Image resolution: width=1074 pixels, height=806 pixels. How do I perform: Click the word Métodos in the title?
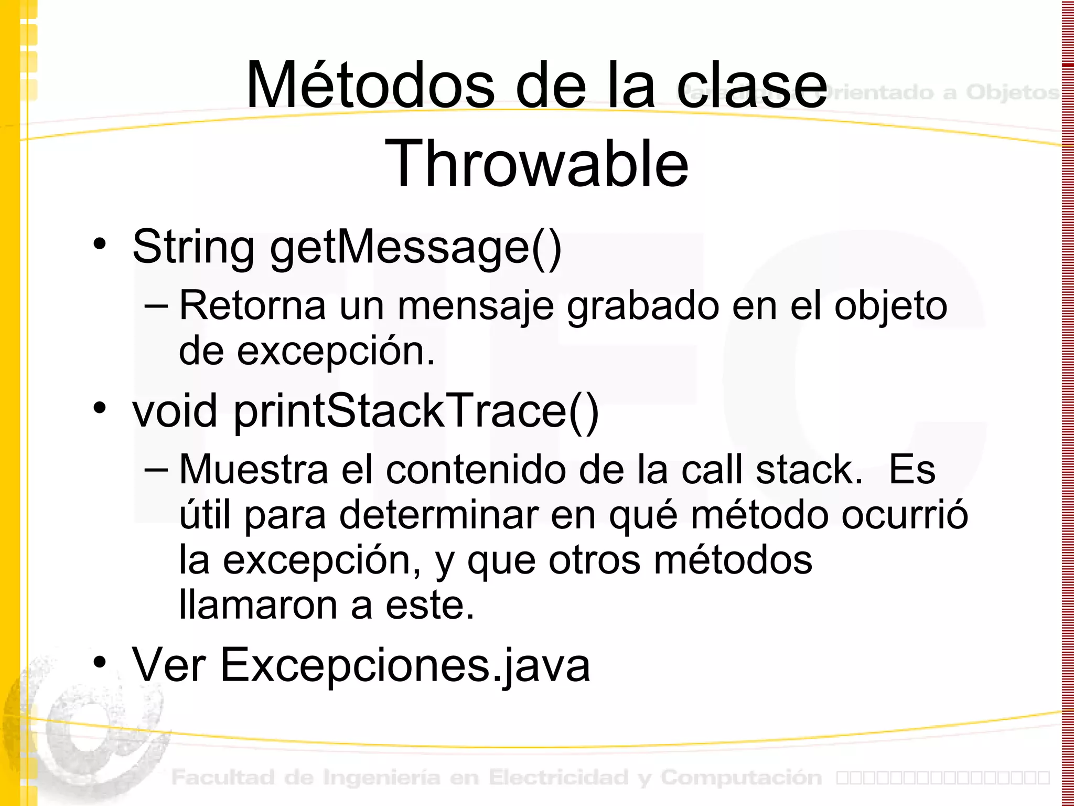pos(370,86)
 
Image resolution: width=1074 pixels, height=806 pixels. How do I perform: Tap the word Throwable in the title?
pos(536,164)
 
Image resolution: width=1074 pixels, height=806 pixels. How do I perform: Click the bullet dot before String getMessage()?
pos(100,243)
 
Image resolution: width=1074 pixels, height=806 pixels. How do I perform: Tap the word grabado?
pos(643,306)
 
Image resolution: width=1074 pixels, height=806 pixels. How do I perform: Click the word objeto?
pos(890,306)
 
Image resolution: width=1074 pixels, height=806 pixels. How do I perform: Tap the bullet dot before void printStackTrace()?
pos(100,408)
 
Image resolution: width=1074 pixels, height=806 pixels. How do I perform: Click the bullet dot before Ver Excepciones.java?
pos(100,662)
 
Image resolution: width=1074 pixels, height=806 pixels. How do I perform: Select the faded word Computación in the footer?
pos(741,778)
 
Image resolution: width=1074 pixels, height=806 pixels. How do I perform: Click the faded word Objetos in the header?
pos(1012,92)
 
